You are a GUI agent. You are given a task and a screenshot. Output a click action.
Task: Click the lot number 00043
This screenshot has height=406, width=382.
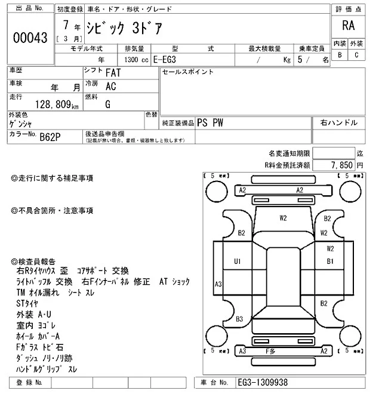click(x=30, y=38)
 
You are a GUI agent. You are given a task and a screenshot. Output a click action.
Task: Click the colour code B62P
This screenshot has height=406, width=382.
click(x=51, y=137)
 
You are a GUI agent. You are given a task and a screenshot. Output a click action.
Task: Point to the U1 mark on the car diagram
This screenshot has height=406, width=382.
click(x=237, y=262)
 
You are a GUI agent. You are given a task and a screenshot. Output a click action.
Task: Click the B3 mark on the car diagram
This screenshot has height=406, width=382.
click(x=239, y=319)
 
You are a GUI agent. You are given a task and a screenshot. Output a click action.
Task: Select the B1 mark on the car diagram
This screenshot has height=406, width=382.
click(x=329, y=262)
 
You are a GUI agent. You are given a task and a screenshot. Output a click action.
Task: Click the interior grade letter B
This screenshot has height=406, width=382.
click(x=340, y=55)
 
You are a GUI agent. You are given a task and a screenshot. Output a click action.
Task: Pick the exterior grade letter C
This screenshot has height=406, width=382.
click(x=356, y=55)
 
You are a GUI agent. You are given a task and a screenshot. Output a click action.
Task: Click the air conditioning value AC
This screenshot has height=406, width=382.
click(x=110, y=86)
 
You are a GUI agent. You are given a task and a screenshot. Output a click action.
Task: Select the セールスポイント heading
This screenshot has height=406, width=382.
click(x=187, y=72)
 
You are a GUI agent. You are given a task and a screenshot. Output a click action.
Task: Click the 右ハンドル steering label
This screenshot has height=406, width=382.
click(x=338, y=122)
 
